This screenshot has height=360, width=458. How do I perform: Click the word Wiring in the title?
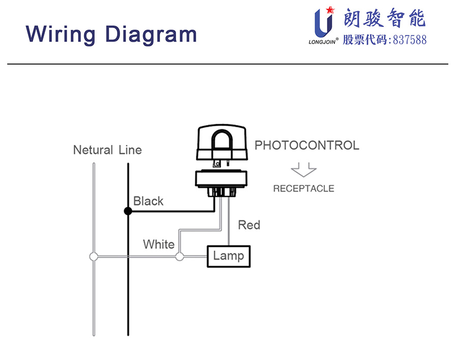[61, 34]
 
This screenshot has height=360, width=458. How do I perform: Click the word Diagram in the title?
[151, 34]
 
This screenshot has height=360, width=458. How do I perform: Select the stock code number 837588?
[410, 40]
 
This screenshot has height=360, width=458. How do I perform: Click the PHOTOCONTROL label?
[306, 145]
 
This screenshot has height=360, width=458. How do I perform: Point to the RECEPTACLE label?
[303, 188]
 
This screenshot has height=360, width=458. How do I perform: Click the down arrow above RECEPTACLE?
[303, 170]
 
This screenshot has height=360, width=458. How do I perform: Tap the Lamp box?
[228, 256]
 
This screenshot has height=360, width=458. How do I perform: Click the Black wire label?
[148, 201]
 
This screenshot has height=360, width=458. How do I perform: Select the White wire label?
[158, 244]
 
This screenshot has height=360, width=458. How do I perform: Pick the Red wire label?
[249, 225]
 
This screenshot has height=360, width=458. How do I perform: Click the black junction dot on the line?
[128, 211]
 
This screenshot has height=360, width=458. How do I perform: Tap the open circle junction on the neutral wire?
[94, 257]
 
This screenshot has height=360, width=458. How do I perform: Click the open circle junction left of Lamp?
[179, 257]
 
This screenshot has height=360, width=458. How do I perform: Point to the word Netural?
[93, 150]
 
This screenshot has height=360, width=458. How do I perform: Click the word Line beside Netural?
[130, 150]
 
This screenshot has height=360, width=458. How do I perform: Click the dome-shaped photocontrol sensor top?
[222, 143]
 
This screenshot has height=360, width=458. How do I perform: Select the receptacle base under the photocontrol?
[223, 181]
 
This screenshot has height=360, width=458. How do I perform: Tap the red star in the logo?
[329, 10]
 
